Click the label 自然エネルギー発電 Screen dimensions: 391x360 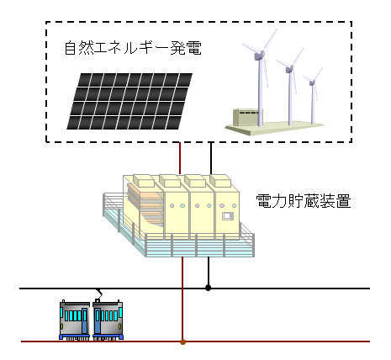click(133, 48)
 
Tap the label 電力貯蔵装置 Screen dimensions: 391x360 click(304, 201)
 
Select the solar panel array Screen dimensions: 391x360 click(129, 101)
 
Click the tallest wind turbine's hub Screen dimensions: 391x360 click(260, 55)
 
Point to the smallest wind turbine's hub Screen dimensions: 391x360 click(312, 82)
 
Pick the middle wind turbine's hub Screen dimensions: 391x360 click(289, 69)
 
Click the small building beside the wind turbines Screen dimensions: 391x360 click(246, 117)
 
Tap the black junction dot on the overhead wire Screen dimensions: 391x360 click(208, 288)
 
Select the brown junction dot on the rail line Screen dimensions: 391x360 click(182, 341)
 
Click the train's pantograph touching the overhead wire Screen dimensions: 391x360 click(98, 294)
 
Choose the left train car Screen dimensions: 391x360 click(75, 320)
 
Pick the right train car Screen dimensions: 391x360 click(108, 320)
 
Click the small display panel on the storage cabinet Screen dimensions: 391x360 click(228, 216)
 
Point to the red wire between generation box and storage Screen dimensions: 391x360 click(180, 158)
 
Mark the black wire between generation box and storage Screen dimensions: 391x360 click(211, 158)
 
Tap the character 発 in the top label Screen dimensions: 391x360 click(177, 48)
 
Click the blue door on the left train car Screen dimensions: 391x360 click(85, 320)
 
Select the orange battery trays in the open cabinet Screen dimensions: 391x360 click(145, 204)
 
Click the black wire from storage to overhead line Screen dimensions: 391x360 click(209, 272)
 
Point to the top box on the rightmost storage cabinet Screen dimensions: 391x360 click(220, 181)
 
